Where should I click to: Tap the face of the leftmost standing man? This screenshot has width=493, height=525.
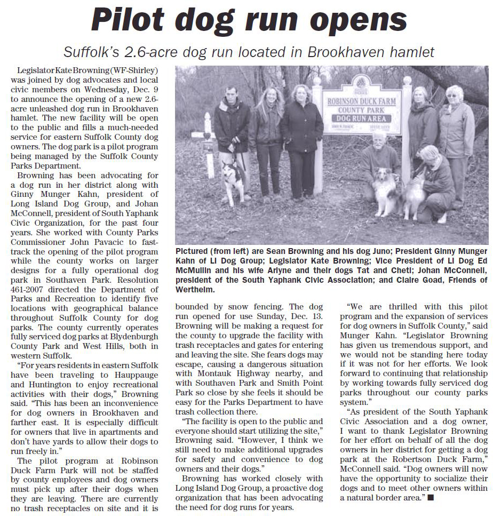pyautogui.click(x=230, y=94)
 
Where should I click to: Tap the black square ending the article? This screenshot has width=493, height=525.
pyautogui.click(x=431, y=498)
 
